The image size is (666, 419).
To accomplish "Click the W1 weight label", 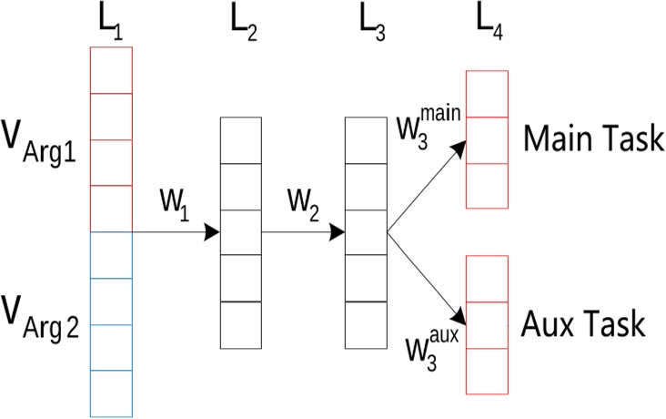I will pos(172,199).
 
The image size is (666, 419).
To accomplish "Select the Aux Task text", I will pos(582,323).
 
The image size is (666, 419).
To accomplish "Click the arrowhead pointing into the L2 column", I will pos(213,233).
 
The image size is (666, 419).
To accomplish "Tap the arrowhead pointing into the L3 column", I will pos(337,233).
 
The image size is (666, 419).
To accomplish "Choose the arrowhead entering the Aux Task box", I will pos(459,320).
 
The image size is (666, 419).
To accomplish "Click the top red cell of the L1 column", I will pos(111,70).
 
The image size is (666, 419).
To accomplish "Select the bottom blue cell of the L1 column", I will pos(111,393).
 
